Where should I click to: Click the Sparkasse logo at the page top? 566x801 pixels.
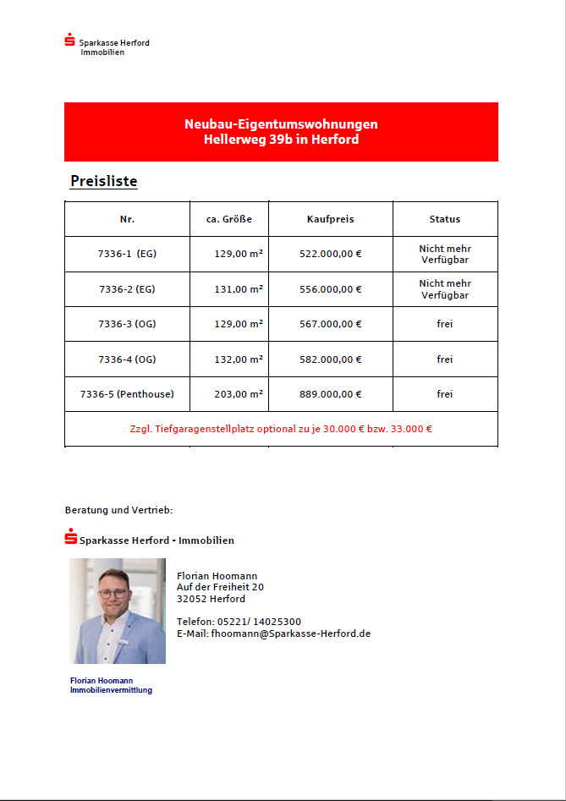point(70,40)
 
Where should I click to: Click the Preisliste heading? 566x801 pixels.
point(103,181)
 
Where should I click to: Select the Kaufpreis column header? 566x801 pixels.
point(330,219)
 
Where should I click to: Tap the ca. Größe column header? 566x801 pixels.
point(229,219)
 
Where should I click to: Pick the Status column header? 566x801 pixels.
point(444,219)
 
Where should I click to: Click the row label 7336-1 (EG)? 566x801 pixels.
point(127,254)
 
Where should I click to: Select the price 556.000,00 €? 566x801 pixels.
point(330,289)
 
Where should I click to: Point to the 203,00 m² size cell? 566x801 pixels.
point(239,394)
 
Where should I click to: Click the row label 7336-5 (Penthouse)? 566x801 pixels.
point(127,394)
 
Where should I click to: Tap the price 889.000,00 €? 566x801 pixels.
point(330,394)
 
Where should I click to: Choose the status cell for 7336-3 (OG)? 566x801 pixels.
point(444,324)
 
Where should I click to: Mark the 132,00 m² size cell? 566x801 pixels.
point(239,359)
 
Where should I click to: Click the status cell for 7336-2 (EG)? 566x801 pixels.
point(444,289)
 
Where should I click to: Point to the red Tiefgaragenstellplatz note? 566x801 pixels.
point(281,429)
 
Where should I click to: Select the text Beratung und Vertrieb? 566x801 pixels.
point(118,510)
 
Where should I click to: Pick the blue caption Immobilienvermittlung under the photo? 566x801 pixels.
point(111,690)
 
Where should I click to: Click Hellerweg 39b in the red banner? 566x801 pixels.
point(245,140)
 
